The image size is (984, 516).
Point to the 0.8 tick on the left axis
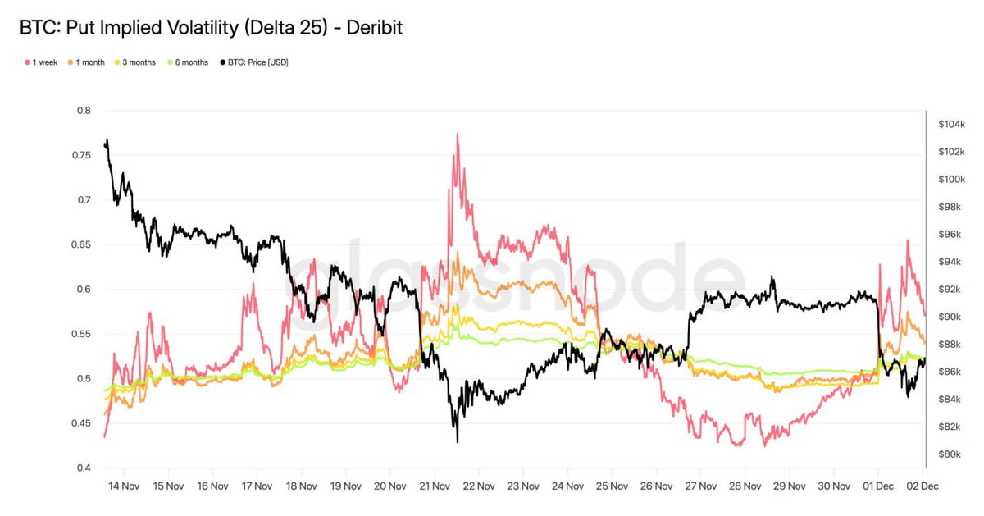[x=84, y=111]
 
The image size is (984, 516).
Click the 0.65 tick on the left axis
[x=81, y=244]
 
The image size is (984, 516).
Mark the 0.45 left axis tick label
[x=81, y=423]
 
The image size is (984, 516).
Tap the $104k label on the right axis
[x=951, y=124]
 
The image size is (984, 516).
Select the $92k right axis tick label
[x=950, y=289]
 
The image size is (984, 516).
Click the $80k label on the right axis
[x=950, y=454]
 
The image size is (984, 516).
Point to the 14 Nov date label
[x=124, y=486]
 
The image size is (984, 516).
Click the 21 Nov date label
[x=435, y=486]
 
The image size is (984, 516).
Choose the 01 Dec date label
[x=879, y=486]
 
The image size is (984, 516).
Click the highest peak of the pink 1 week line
[x=457, y=134]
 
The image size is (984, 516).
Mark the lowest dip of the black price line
[x=457, y=441]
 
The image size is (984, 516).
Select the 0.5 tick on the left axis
[x=84, y=379]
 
